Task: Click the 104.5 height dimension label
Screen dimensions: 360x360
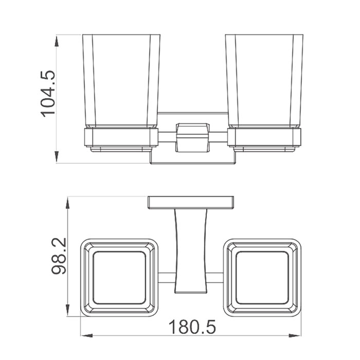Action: tap(48, 94)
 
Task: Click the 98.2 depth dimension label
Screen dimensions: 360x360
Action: tap(59, 257)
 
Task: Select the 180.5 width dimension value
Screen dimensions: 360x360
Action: tap(192, 327)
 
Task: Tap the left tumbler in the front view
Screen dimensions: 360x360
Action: tap(121, 81)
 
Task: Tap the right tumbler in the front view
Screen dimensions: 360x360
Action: tap(264, 81)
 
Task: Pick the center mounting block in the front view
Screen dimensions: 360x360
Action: tap(192, 138)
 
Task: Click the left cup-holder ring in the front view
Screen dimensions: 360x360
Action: tap(121, 137)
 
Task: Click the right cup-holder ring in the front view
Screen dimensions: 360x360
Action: tap(264, 137)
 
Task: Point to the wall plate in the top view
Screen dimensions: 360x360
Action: tap(191, 203)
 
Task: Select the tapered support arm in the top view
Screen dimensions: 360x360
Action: tap(191, 251)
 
